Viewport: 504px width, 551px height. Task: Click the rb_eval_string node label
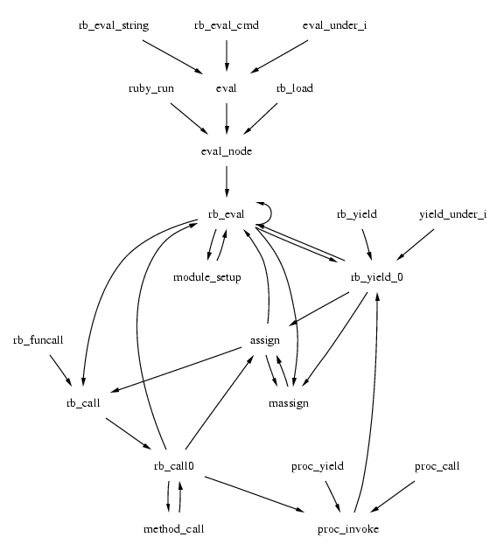[114, 25]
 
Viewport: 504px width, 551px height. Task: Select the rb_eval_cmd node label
[227, 25]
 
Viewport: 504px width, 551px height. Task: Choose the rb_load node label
[294, 88]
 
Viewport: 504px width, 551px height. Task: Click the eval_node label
[227, 151]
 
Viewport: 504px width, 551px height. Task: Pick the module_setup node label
[207, 277]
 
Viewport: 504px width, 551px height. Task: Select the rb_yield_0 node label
[376, 277]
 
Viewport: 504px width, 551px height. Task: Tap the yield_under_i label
[451, 214]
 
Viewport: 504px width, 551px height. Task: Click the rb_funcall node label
[39, 339]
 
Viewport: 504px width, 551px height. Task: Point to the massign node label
[289, 403]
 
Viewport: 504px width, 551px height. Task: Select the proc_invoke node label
[348, 529]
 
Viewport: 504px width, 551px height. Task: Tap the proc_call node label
[437, 466]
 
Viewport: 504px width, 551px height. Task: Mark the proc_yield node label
[317, 466]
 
